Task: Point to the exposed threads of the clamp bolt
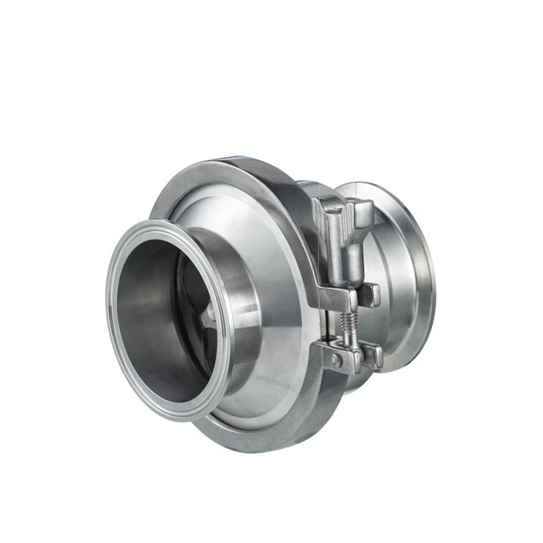[x=346, y=322]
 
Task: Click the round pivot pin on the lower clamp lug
[x=336, y=360]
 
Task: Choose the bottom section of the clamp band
[x=268, y=439]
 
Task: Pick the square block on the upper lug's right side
[x=370, y=295]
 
